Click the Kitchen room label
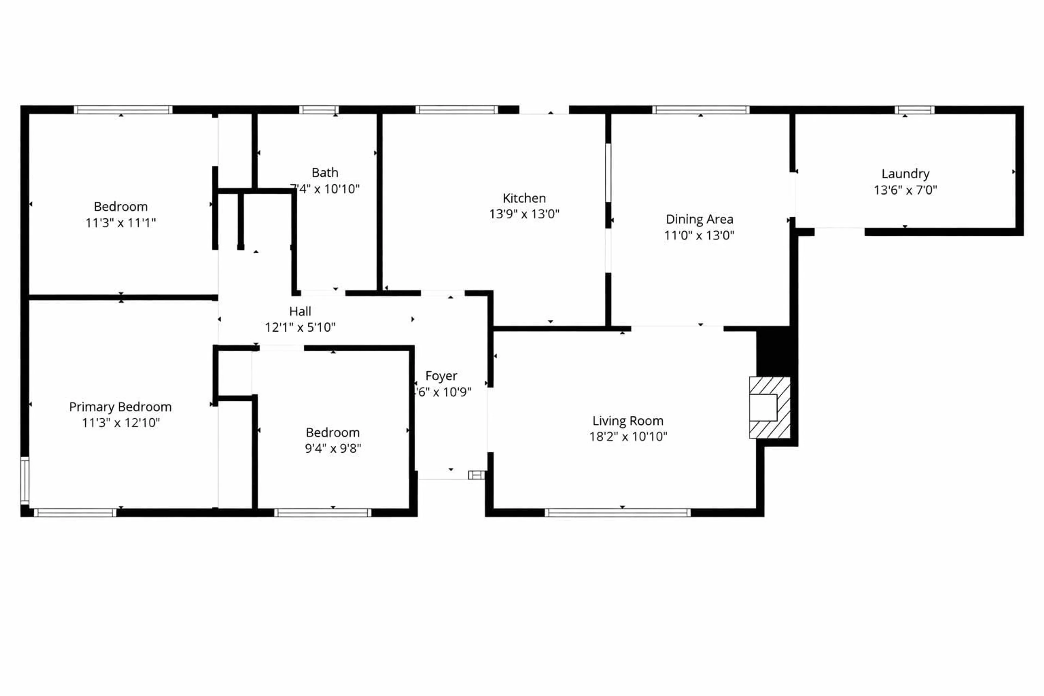coord(524,198)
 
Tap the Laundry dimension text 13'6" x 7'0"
coord(905,190)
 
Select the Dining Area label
coord(699,219)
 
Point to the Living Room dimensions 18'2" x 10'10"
coord(628,436)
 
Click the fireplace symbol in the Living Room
coord(769,408)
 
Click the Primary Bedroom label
coord(120,407)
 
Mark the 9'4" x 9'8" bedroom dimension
coord(333,448)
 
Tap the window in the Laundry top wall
coord(914,110)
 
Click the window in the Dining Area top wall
coord(700,110)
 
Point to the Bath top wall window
coord(319,110)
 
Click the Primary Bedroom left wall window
coord(25,481)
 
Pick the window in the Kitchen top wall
coord(457,110)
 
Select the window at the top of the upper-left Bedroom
coord(123,110)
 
